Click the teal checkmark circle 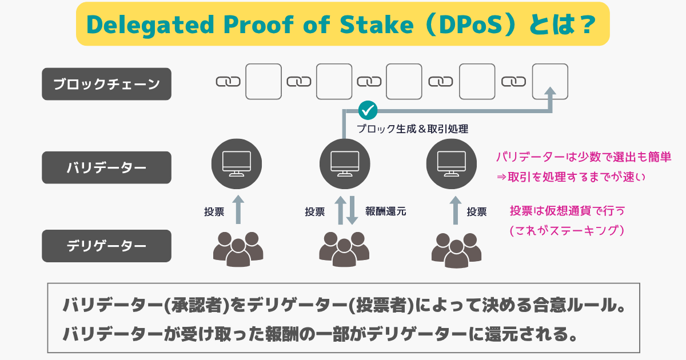point(368,110)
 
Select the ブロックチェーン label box point(106,84)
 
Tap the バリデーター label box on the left point(106,167)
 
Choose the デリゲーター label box point(106,246)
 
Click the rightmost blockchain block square point(550,81)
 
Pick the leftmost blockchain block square point(264,81)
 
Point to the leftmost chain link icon point(228,82)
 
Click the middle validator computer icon point(345,164)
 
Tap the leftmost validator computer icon point(237,164)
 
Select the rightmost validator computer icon point(452,164)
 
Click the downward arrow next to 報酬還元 point(352,210)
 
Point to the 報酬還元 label point(385,211)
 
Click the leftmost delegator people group point(238,249)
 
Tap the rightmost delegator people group point(456,250)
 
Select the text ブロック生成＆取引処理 point(413,129)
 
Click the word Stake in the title point(377,24)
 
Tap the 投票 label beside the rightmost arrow point(477,211)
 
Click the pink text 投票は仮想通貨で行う point(567,211)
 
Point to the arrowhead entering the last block point(551,92)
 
